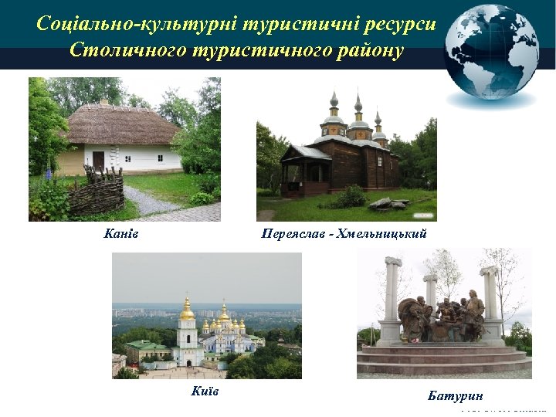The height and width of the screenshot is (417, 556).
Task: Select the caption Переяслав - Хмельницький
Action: coord(344,233)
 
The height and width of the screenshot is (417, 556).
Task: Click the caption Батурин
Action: coord(456,395)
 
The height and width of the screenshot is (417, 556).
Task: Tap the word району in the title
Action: coord(371,51)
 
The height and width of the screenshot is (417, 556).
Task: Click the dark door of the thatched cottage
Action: coord(98,161)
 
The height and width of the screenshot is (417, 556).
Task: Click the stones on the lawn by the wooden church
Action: coord(387,203)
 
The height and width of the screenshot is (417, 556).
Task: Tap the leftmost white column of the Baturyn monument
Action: coord(392,301)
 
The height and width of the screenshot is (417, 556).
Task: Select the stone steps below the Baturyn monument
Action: coord(443,358)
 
